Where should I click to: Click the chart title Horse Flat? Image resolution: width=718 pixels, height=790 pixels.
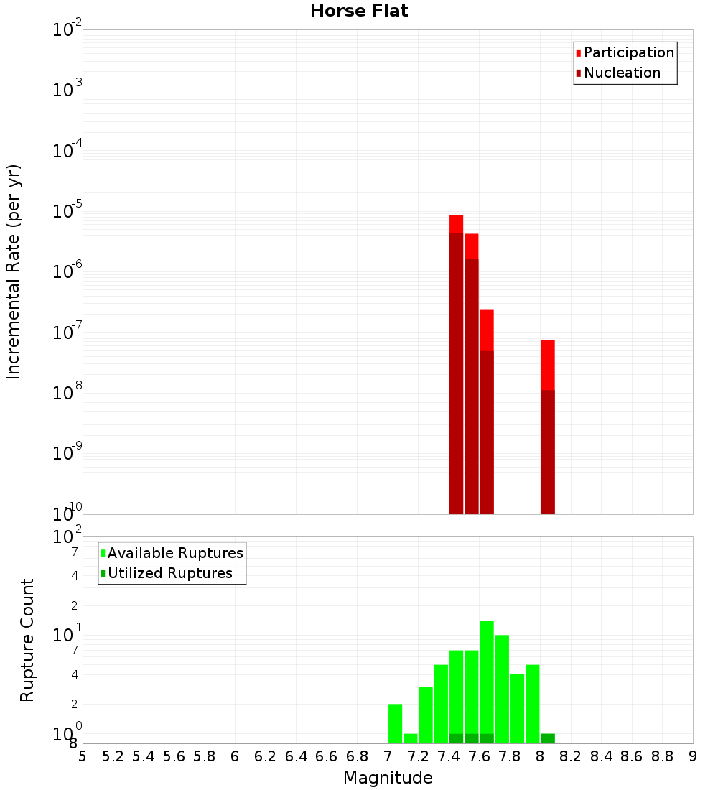tap(359, 11)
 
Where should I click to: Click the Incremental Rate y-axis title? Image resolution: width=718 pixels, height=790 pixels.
tap(14, 271)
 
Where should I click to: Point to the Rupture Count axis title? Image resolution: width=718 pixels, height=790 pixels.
tap(27, 640)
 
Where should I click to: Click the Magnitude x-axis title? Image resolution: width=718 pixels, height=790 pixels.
tap(388, 778)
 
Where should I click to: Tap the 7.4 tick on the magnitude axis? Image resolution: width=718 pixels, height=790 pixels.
tap(449, 756)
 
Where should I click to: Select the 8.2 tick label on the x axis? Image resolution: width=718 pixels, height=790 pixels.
tap(571, 756)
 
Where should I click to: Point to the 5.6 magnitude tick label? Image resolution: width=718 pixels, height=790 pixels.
tap(174, 756)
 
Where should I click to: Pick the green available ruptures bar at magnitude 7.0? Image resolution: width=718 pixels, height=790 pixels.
tap(395, 723)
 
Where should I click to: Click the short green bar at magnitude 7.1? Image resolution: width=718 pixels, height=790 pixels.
tap(411, 738)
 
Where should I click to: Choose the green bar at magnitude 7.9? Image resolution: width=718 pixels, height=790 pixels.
tap(533, 704)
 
